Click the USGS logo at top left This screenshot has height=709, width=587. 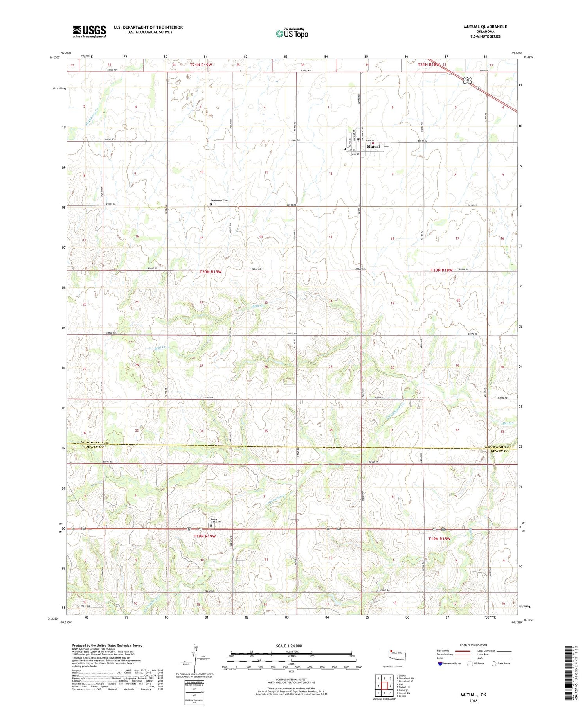(89, 31)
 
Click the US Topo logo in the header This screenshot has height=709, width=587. (292, 33)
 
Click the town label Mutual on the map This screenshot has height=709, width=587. (373, 147)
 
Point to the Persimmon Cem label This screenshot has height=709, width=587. (219, 201)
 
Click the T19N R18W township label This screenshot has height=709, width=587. (439, 539)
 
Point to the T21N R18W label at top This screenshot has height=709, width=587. (429, 65)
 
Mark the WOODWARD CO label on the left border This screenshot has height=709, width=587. (94, 443)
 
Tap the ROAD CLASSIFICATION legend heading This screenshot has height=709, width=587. (474, 645)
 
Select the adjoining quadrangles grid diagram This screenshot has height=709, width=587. (384, 686)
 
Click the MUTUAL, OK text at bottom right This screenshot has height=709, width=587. (473, 695)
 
